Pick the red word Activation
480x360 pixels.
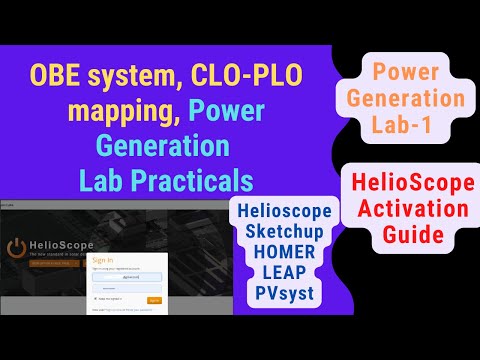(411, 211)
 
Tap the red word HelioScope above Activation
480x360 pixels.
(411, 183)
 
